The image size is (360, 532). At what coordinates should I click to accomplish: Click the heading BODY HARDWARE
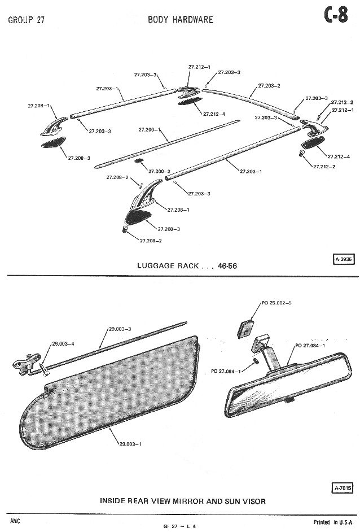click(x=181, y=20)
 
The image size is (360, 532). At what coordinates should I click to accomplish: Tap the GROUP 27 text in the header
click(x=27, y=21)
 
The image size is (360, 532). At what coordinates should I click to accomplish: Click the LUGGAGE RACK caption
click(x=186, y=266)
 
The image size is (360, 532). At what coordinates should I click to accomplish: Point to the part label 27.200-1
click(x=149, y=130)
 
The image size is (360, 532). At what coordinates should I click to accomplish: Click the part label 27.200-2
click(x=159, y=171)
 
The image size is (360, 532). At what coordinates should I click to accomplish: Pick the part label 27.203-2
click(x=269, y=85)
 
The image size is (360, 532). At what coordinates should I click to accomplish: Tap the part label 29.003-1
click(x=130, y=444)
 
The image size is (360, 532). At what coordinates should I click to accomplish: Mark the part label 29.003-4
click(x=63, y=343)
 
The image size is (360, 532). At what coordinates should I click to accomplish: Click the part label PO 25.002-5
click(x=276, y=303)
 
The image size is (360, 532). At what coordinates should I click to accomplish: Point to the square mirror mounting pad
click(x=245, y=328)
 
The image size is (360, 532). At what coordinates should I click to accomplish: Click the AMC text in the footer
click(x=15, y=520)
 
